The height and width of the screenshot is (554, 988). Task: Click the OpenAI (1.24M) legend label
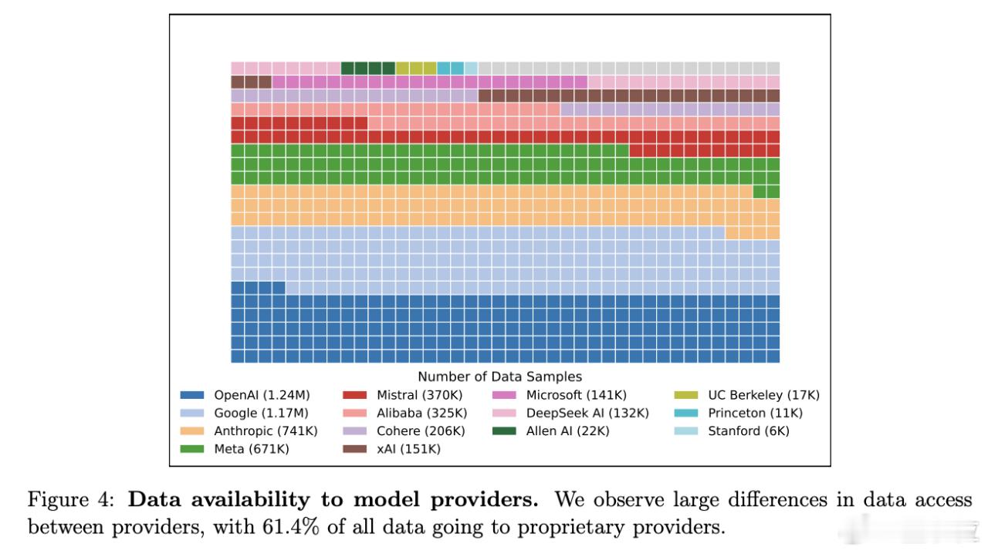(262, 395)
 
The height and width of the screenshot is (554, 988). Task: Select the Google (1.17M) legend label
(261, 413)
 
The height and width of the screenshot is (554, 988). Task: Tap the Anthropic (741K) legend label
(266, 431)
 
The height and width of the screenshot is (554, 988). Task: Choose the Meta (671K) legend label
(252, 449)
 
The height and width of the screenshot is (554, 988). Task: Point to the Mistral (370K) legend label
(420, 395)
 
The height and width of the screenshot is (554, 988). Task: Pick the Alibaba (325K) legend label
(421, 413)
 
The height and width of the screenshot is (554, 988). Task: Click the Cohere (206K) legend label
(421, 431)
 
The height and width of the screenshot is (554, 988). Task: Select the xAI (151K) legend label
(408, 449)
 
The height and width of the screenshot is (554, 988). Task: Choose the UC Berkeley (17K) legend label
(763, 395)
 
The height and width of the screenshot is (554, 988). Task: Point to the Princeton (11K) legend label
(755, 413)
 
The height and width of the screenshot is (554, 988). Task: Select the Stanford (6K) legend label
(749, 431)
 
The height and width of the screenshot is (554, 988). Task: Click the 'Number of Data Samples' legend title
(499, 377)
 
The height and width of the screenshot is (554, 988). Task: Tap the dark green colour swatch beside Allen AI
(505, 431)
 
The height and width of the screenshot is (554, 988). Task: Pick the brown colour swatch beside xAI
(355, 449)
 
